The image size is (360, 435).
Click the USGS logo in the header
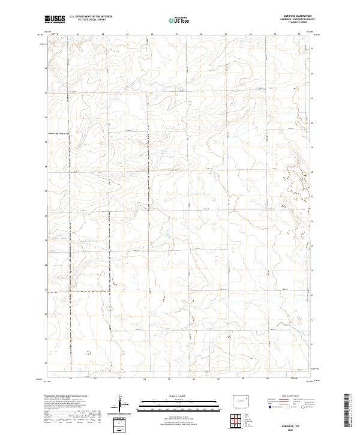click(x=55, y=19)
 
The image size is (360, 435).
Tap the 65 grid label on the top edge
click(x=176, y=34)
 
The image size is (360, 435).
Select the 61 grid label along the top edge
click(x=78, y=34)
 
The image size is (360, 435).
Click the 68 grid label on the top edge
click(x=250, y=34)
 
